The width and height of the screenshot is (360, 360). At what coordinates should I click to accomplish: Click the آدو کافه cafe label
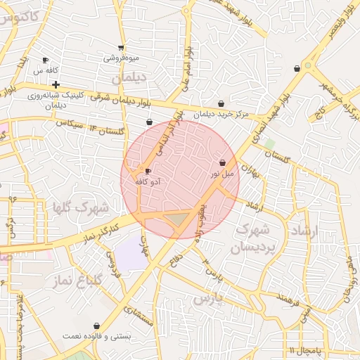[x=147, y=181]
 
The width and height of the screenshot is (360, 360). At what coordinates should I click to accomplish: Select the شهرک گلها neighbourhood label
[x=81, y=207]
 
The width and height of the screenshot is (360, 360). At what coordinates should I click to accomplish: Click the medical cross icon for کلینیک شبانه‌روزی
[x=56, y=84]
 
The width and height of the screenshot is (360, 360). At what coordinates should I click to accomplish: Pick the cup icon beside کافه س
[x=46, y=60]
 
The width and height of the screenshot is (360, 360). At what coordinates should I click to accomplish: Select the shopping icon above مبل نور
[x=223, y=162]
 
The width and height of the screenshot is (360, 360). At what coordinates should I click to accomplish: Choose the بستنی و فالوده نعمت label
[x=96, y=337]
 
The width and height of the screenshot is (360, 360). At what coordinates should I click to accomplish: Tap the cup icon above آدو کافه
[x=148, y=171]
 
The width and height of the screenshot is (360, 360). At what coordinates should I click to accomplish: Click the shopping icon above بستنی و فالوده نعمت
[x=96, y=326]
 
